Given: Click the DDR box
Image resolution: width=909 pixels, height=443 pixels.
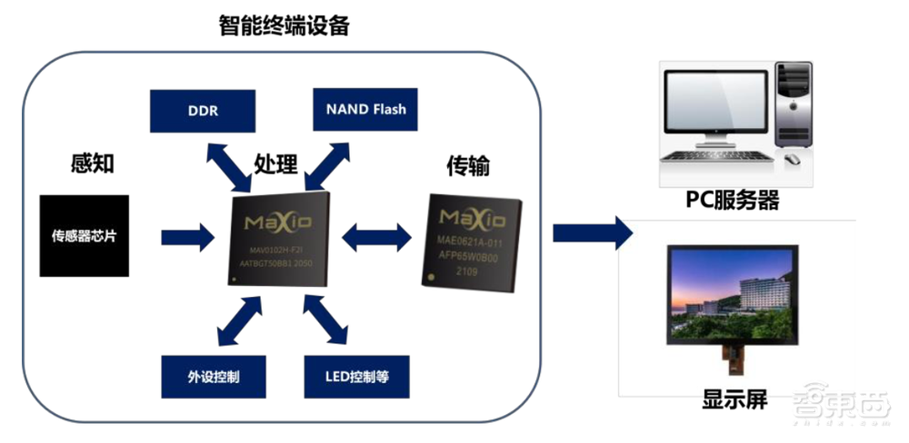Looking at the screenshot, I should (202, 110).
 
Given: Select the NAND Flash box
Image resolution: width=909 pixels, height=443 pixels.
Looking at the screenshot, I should (365, 110).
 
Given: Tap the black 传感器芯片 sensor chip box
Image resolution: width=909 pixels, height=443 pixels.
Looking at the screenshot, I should (84, 236).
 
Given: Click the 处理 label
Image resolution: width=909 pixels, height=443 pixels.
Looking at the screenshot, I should (275, 164).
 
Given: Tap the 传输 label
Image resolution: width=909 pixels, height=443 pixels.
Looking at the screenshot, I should (469, 166).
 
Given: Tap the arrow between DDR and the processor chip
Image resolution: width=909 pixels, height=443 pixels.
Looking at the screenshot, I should (225, 162).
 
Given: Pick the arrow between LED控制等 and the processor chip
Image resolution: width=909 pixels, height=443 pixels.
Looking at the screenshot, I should (323, 320).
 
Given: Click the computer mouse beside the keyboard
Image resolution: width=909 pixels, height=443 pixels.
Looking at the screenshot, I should (792, 159).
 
